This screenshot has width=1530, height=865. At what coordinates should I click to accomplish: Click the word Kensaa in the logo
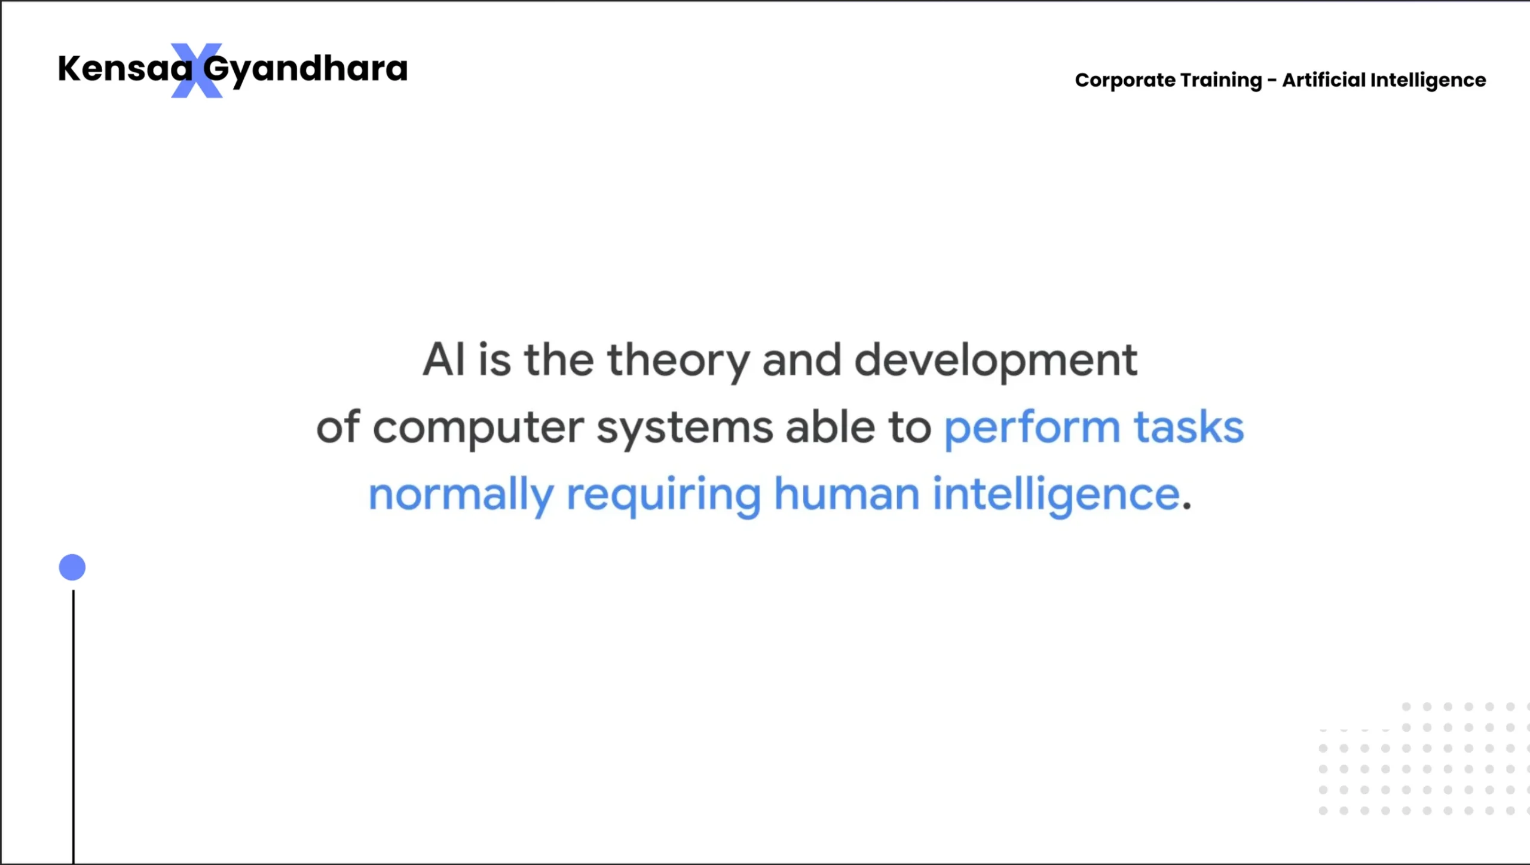pos(126,68)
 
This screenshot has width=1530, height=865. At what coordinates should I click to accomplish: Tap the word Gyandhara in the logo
pos(305,71)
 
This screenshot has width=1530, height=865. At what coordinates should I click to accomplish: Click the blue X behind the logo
pos(197,71)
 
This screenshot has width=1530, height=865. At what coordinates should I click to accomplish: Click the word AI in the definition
pos(443,360)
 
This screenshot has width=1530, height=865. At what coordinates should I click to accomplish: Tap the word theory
pos(678,362)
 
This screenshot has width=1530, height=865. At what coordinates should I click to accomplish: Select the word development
pos(996,362)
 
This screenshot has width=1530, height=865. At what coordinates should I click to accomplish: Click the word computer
pos(478,429)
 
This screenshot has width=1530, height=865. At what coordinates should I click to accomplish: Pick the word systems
pos(685,429)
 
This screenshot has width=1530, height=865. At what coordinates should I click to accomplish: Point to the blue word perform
pos(1032,429)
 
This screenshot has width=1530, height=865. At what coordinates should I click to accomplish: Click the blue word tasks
pos(1189,427)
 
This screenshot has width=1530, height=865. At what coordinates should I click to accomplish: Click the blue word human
pos(846,494)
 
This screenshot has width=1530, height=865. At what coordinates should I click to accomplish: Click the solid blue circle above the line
pos(72,567)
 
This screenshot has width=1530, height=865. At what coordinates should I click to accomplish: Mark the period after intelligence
pos(1187,506)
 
